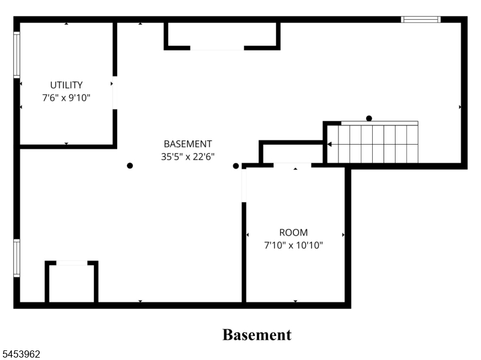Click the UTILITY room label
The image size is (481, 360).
66,85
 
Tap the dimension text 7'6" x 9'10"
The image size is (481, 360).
66,98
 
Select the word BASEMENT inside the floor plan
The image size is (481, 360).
188,143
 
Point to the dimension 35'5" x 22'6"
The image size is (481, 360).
188,157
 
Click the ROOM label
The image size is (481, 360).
293,232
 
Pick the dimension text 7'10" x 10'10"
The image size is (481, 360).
293,245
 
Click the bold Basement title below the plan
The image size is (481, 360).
257,335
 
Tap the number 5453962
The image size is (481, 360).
20,354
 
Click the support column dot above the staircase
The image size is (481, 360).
369,118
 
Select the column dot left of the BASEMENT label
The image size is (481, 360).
130,166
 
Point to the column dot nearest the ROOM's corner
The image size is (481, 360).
236,166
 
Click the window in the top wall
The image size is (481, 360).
420,19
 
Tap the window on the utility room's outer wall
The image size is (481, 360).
17,55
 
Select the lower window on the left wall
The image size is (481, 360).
17,258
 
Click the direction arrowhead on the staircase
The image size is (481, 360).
329,144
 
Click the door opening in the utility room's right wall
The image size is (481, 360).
115,92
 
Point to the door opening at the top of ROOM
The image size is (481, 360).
292,166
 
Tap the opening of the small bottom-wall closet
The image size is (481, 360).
72,263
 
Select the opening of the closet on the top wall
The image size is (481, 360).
217,48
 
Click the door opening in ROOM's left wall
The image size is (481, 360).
244,185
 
